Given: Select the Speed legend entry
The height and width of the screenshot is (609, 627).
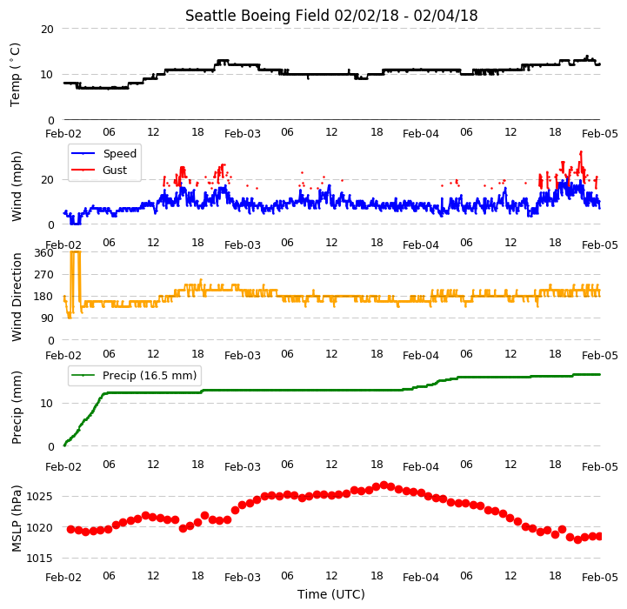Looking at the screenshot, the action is (x=104, y=154).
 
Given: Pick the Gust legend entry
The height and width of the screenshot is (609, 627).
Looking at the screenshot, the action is (x=99, y=170).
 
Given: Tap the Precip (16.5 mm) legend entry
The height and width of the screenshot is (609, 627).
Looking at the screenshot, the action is (x=134, y=375).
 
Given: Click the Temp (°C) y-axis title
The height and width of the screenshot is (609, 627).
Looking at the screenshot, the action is (x=15, y=75).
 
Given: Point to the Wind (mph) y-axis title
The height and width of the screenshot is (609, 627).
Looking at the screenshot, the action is (x=16, y=186).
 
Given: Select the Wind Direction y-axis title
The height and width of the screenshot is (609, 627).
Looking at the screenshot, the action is (x=16, y=297).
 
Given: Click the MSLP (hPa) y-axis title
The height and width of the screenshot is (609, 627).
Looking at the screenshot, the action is (x=16, y=519).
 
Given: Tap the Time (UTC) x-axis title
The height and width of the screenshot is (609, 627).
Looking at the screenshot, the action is (x=331, y=594).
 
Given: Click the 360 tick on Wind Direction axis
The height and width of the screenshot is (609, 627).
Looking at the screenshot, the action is (x=44, y=253).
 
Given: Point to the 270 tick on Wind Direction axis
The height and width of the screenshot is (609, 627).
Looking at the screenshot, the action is (x=44, y=275).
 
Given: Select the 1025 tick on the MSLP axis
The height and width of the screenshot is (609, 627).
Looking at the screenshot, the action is (x=39, y=497).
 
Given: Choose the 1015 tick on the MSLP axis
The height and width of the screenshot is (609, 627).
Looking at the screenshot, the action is (x=39, y=559).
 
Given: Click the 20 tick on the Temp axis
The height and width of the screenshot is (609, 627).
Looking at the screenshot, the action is (x=47, y=30).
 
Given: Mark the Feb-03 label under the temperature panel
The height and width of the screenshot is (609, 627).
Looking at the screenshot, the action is (x=243, y=134).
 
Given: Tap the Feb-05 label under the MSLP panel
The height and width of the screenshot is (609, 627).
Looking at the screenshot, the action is (x=600, y=578).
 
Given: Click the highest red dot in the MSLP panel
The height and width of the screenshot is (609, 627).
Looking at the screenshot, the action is (x=384, y=485).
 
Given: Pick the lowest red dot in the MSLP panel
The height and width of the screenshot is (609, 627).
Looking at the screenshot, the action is (x=577, y=539).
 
